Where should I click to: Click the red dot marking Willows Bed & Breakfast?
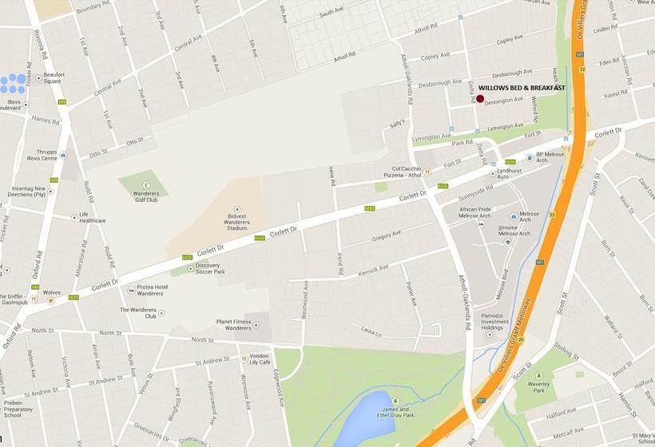[480, 99]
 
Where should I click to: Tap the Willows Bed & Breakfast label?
[522, 88]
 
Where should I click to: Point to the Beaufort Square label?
[54, 77]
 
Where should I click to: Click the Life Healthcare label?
[92, 217]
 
